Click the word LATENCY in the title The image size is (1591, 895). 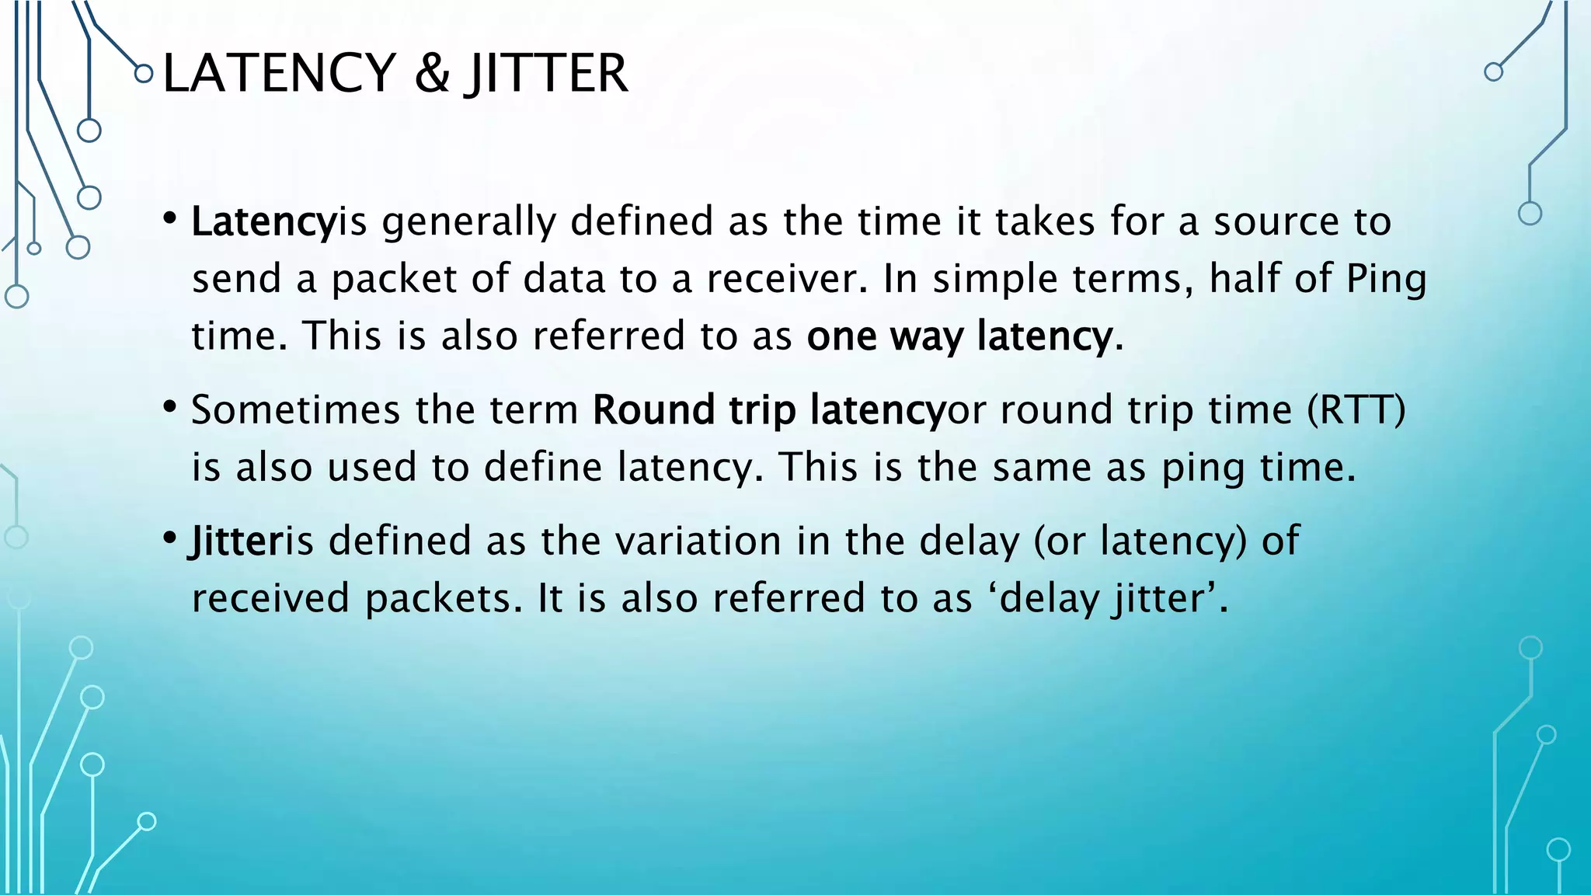point(279,73)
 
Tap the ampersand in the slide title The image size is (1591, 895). point(431,73)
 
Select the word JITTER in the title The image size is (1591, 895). point(547,73)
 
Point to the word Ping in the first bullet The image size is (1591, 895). point(1386,280)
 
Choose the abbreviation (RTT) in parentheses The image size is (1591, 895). point(1356,409)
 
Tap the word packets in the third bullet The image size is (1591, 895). point(438,598)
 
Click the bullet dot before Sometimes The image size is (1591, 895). point(170,407)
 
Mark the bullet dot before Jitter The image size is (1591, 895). point(170,538)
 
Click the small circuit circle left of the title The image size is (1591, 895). point(143,74)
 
